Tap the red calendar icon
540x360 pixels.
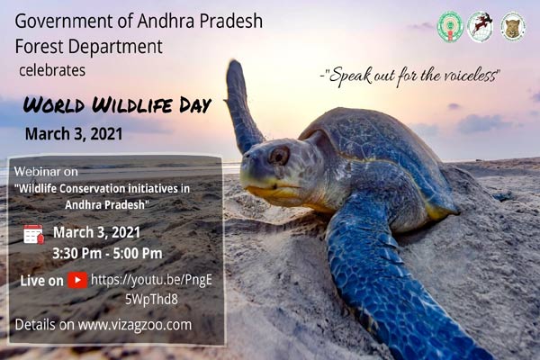[33, 234]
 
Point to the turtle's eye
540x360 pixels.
[279, 155]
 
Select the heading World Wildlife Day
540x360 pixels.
[117, 104]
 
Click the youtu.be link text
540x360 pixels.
[151, 280]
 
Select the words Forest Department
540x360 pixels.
[89, 45]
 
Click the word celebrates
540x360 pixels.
[53, 67]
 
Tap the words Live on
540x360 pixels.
[41, 281]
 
